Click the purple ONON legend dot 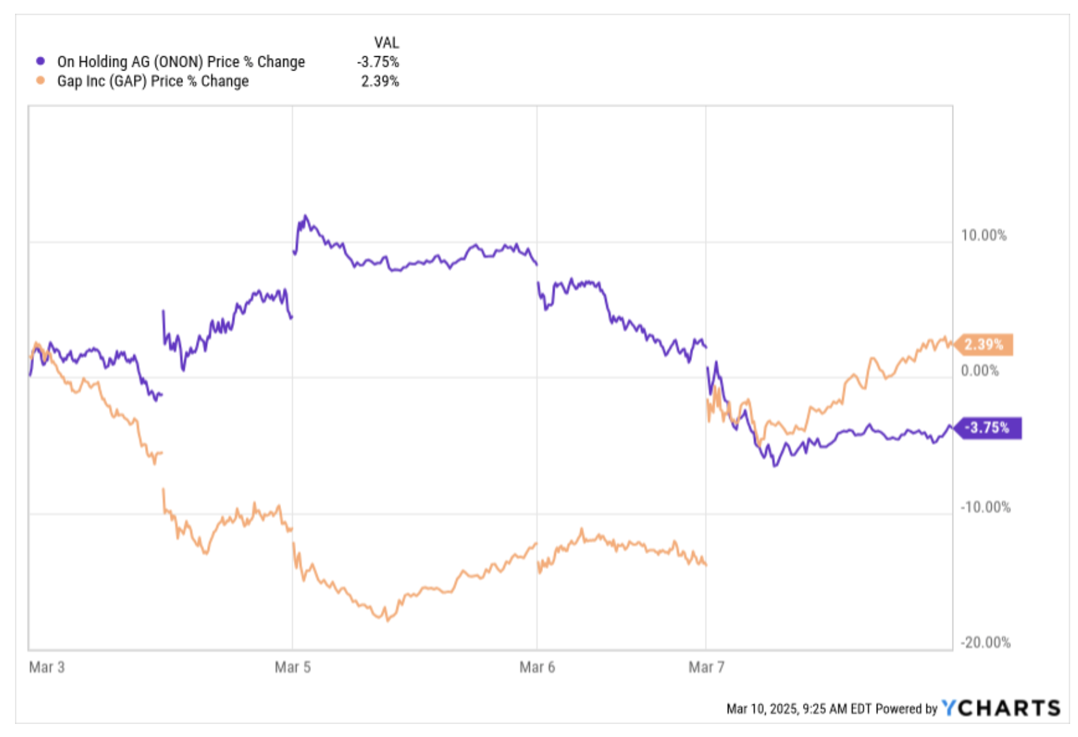click(x=41, y=61)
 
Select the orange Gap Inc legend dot click(x=41, y=81)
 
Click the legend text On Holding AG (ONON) click(x=181, y=61)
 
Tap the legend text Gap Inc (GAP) click(x=153, y=81)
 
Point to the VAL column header click(x=386, y=42)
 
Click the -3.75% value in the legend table click(x=378, y=62)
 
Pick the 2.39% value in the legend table click(x=380, y=81)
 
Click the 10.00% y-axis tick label click(x=983, y=235)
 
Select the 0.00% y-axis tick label click(x=979, y=370)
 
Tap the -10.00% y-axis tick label click(x=985, y=507)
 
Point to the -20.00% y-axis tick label click(x=985, y=642)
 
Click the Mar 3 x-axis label click(x=47, y=667)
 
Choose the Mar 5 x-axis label click(x=293, y=667)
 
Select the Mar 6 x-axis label click(x=537, y=667)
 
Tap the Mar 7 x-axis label click(x=706, y=667)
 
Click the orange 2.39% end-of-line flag click(x=984, y=344)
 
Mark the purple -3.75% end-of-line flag click(x=988, y=428)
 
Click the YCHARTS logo click(x=1001, y=708)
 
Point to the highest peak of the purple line click(x=304, y=216)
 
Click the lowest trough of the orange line click(x=387, y=619)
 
